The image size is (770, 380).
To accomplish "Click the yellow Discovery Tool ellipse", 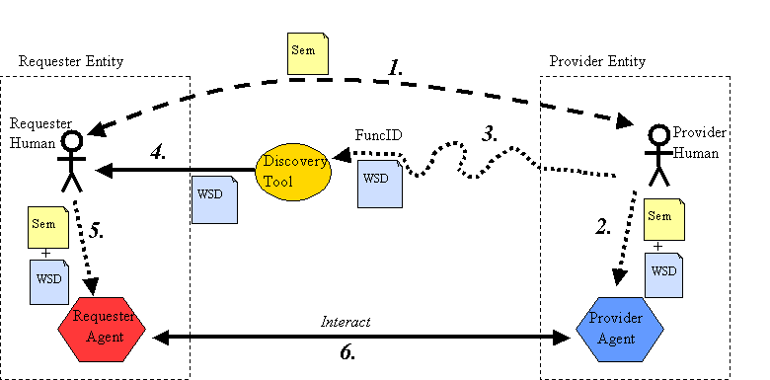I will point(292,172).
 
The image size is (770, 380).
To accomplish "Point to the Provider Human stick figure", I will point(657,157).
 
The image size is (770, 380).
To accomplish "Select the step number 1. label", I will point(396,68).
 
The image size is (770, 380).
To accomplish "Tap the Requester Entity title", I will point(71,61).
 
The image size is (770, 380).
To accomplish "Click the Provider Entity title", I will point(596,61).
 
